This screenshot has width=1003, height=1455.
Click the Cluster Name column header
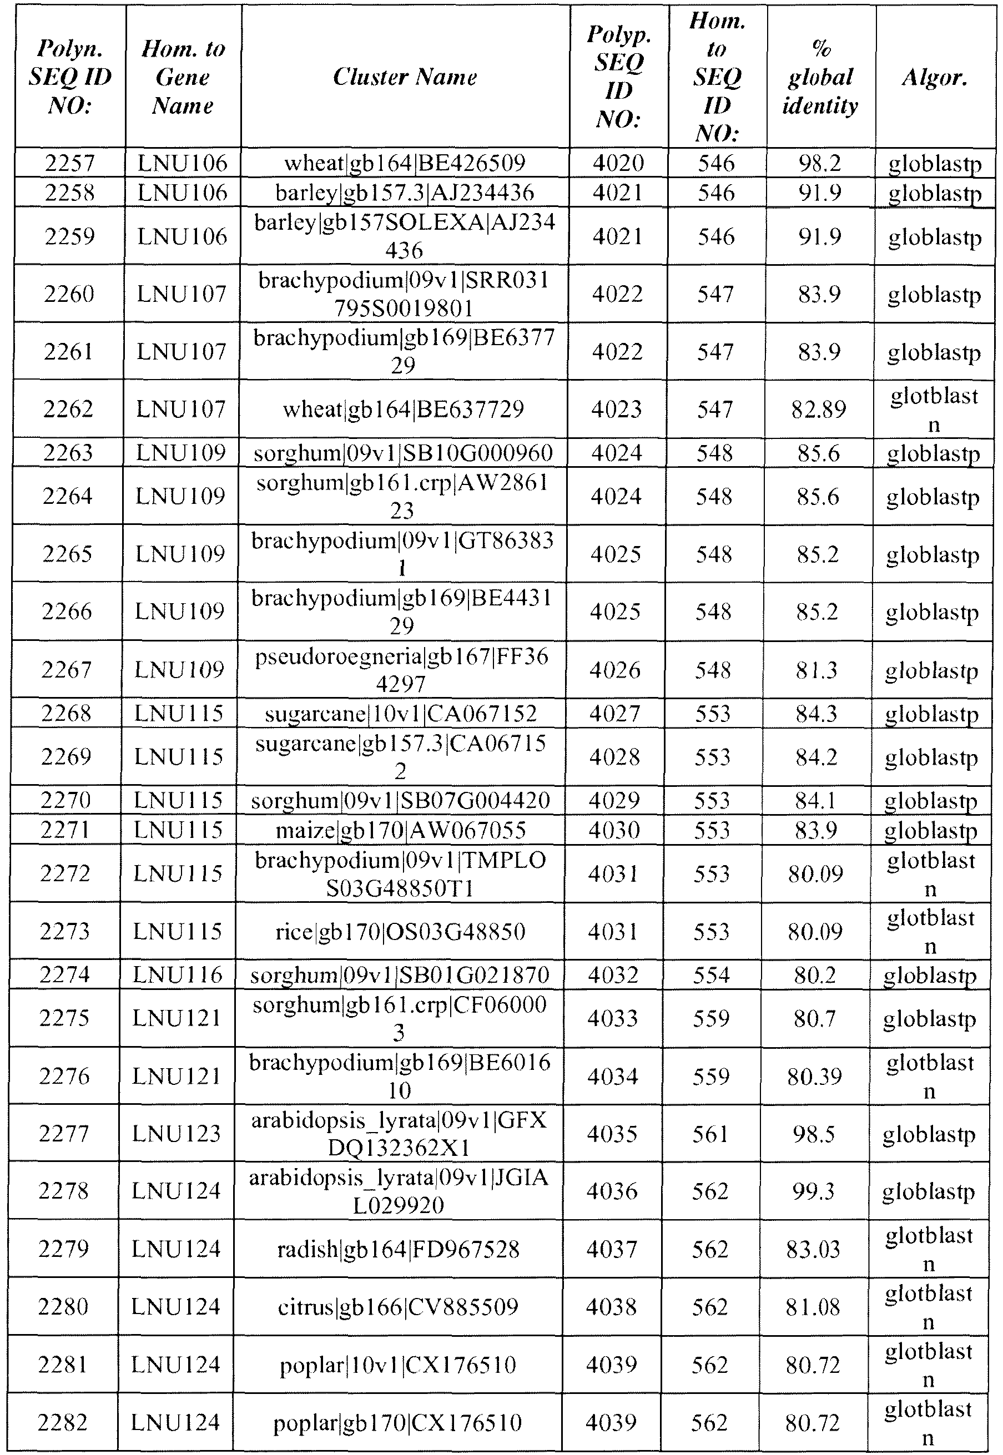(x=405, y=77)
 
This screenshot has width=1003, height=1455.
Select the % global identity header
(x=820, y=77)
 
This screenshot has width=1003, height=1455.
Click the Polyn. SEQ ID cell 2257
(x=70, y=163)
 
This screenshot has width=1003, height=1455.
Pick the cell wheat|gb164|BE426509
(x=405, y=163)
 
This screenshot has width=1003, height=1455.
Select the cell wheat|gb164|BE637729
(x=403, y=410)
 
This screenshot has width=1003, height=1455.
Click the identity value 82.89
(x=818, y=410)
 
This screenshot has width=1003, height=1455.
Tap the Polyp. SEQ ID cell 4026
(x=615, y=670)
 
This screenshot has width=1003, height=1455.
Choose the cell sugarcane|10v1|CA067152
(x=401, y=714)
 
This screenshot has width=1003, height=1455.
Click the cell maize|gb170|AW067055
(x=400, y=831)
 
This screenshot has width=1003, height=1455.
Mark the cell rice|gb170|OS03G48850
(x=400, y=931)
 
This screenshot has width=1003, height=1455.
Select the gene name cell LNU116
(x=179, y=974)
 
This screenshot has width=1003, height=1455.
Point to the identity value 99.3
(x=813, y=1191)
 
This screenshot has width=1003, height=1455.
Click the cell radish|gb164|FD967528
(x=399, y=1250)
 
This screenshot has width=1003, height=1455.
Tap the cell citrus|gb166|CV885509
(x=398, y=1307)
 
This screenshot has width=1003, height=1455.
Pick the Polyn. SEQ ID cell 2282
(x=62, y=1422)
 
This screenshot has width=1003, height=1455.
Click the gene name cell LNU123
(x=177, y=1133)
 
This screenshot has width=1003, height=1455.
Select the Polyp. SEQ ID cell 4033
(x=613, y=1018)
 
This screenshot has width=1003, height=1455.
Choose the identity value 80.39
(x=814, y=1076)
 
